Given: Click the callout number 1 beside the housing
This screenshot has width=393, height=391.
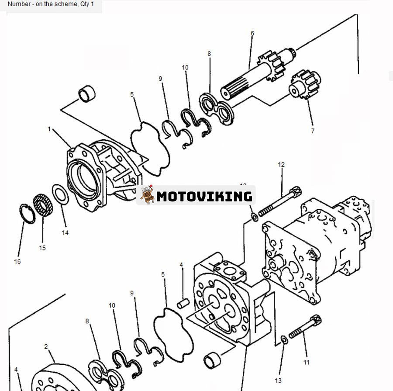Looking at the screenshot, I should click(49, 129).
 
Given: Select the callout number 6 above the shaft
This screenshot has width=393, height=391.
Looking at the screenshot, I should click(252, 33).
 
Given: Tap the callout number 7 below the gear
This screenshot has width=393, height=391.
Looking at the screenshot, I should click(313, 131).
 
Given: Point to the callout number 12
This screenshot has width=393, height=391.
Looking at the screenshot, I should click(281, 165).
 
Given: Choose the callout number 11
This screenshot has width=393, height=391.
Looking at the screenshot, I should click(306, 362).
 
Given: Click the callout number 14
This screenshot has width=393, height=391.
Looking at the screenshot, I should click(65, 233).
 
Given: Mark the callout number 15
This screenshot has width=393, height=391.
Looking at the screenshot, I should click(42, 248).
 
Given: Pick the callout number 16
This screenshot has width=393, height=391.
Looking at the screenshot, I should click(17, 262).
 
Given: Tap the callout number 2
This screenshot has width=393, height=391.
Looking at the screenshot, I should click(46, 346).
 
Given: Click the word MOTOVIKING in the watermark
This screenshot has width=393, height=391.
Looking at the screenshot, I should click(204, 196).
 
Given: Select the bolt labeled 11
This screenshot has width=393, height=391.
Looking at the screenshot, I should click(306, 329).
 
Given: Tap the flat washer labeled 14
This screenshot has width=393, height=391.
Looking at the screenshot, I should click(60, 194).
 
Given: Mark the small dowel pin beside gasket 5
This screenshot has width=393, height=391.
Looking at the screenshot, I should click(182, 301).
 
